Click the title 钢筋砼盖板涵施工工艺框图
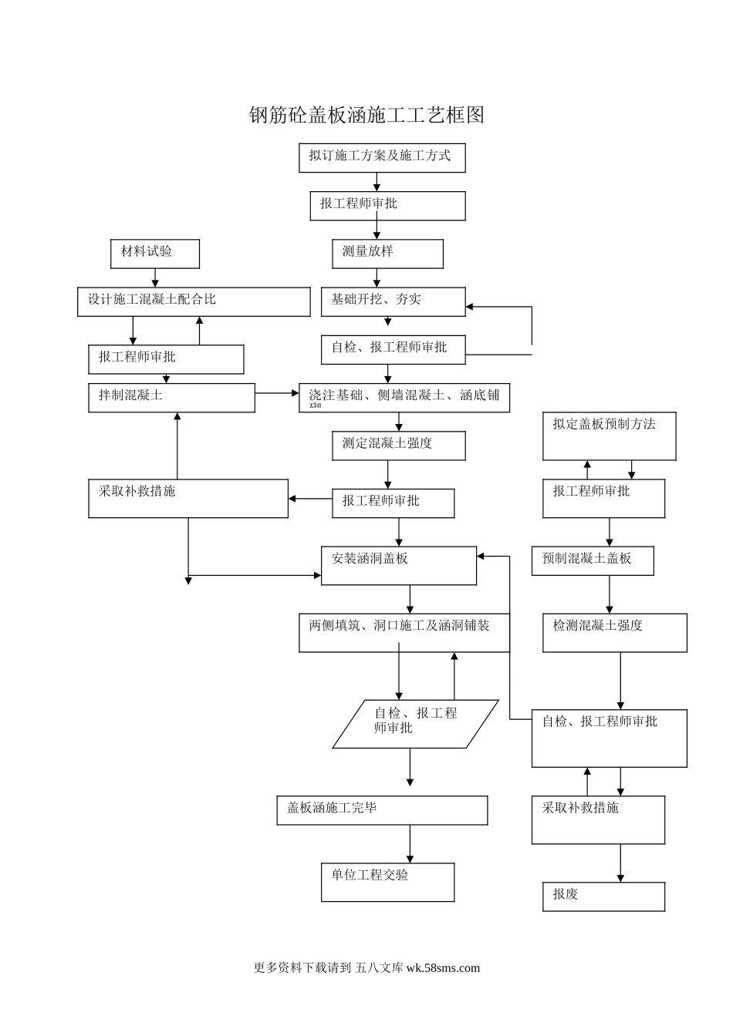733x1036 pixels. click(366, 116)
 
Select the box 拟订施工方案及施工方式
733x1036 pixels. click(382, 157)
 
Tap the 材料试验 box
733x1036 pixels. click(154, 254)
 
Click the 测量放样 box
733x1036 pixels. click(387, 254)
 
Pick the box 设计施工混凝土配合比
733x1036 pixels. click(194, 301)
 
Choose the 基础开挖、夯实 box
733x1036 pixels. click(393, 301)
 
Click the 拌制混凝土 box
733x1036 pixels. click(171, 398)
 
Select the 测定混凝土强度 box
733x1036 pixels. click(398, 446)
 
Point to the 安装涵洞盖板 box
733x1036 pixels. click(398, 565)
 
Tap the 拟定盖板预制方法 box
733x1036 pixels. click(609, 436)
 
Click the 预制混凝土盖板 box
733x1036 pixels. click(592, 560)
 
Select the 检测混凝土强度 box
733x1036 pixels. click(614, 632)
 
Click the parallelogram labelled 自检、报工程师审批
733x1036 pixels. click(415, 723)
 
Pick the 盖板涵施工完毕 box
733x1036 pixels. click(382, 810)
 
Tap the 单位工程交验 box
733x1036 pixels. click(387, 882)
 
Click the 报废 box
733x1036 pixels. click(603, 896)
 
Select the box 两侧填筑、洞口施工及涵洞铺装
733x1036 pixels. click(404, 632)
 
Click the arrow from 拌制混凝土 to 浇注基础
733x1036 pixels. click(277, 393)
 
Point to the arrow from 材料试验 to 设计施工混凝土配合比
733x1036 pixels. click(155, 277)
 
